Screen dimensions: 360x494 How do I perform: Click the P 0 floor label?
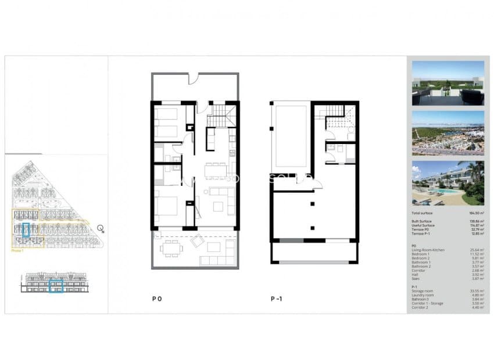pos(156,299)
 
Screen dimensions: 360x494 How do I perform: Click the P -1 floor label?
pos(276,299)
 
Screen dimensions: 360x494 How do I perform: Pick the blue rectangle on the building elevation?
pos(56,286)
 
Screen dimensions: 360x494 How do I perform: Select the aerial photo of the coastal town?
pos(448,133)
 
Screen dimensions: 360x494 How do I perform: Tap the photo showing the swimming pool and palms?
pos(448,183)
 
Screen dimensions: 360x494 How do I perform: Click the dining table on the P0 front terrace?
pos(171,249)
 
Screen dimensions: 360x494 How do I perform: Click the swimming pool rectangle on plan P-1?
pos(289,137)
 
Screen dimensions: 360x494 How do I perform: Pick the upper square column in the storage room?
pos(313,203)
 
